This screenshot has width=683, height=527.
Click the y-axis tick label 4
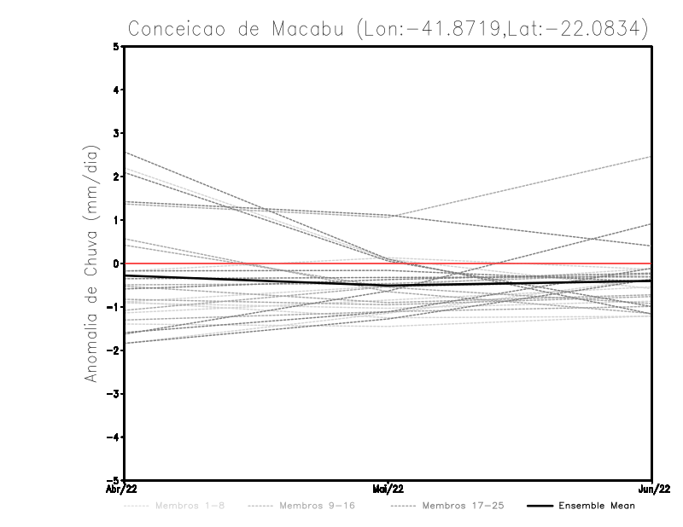(x=116, y=90)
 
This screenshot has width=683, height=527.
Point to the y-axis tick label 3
(x=116, y=133)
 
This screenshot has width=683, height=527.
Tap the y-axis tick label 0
(x=116, y=263)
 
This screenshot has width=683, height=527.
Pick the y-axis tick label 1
(x=116, y=220)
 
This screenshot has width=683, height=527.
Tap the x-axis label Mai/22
(x=388, y=489)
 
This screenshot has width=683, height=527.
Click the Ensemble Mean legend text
(x=596, y=506)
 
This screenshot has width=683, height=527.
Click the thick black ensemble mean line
(x=256, y=279)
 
